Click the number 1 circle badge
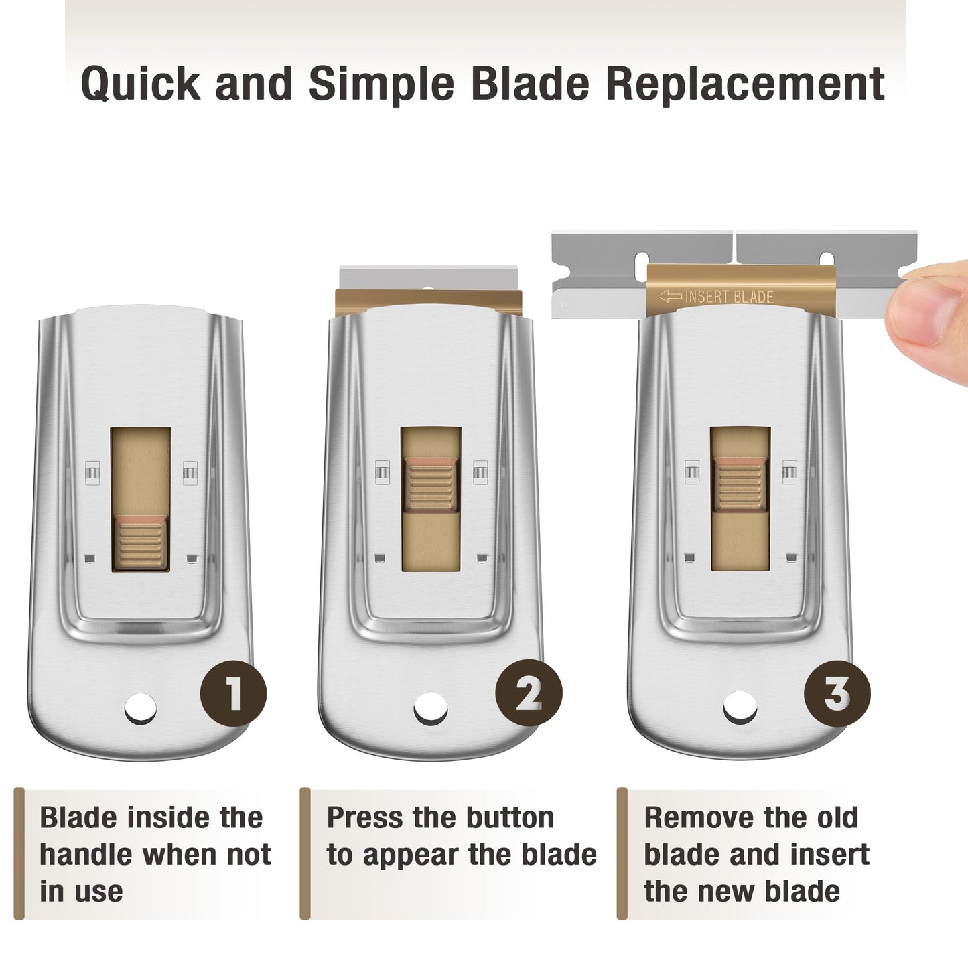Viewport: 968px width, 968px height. (x=233, y=693)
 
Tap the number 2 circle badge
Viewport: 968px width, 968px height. (x=529, y=693)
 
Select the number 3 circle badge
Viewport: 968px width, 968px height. (x=837, y=693)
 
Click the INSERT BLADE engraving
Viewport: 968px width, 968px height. (x=729, y=297)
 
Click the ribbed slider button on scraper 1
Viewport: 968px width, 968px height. (x=140, y=542)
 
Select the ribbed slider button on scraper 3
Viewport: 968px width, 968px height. (x=740, y=484)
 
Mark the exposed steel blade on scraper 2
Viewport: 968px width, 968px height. (x=429, y=277)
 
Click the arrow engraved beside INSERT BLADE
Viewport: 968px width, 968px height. (x=670, y=297)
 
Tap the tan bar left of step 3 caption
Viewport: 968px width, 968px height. (x=622, y=853)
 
